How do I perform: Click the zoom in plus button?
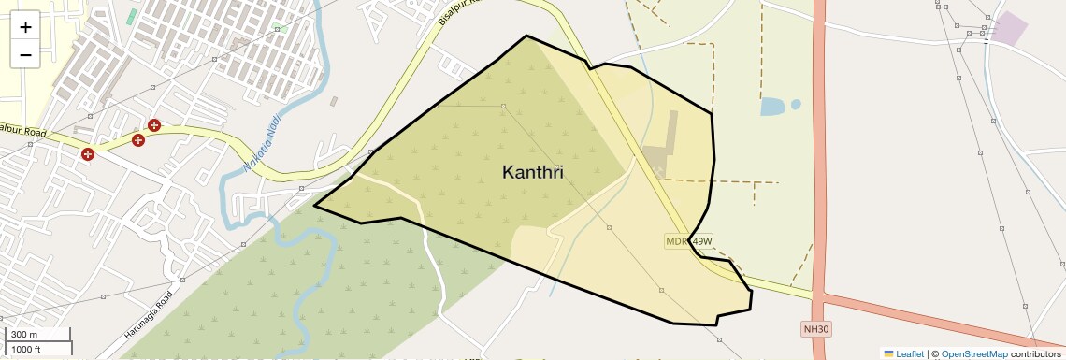coord(25,26)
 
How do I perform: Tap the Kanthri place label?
coord(533,173)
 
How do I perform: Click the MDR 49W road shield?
coord(689,241)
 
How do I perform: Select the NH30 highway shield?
coord(816,329)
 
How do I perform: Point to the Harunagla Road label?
coord(150,315)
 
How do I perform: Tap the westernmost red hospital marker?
coord(88,154)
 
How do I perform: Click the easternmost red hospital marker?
coord(154,125)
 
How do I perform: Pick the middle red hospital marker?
coord(138,140)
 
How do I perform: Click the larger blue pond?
coord(772,107)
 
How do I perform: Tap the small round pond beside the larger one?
coord(796,104)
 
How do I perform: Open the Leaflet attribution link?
coord(910,354)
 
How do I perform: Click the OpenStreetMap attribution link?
coord(974,354)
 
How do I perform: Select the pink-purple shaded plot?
coord(1009,27)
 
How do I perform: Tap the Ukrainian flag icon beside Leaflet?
coord(889,354)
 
